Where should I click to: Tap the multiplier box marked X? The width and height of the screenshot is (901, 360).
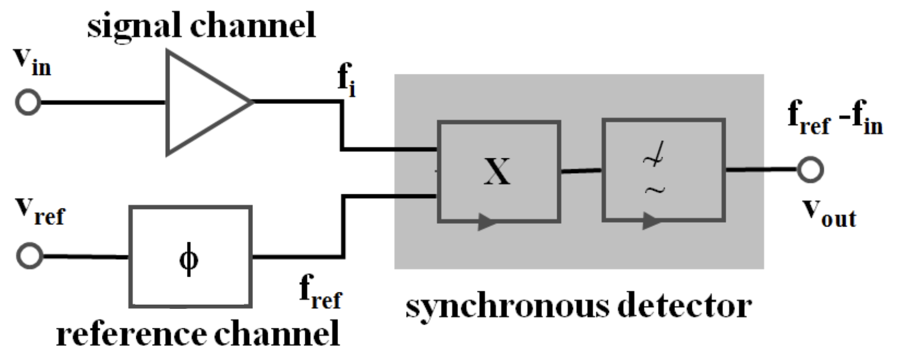coord(499,171)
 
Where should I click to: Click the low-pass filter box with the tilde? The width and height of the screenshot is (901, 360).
coord(663,170)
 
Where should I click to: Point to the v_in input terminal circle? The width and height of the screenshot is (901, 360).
coord(28,102)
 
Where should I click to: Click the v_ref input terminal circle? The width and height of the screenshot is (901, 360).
coord(30,257)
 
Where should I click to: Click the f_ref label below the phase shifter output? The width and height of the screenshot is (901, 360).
coord(320,292)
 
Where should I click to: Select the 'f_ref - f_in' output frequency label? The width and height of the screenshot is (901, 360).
coord(834,118)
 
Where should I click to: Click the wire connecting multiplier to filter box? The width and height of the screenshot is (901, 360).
coord(581,170)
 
